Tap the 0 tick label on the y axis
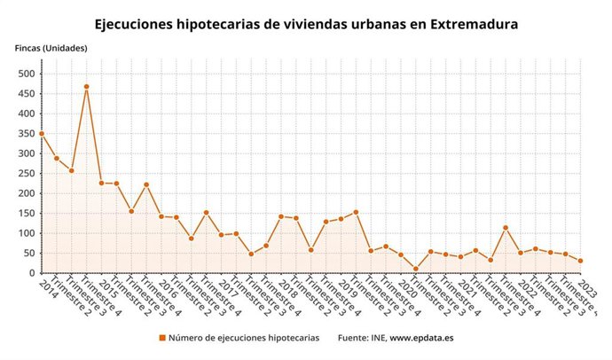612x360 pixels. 30,273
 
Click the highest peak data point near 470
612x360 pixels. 87,87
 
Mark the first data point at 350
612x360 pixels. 41,134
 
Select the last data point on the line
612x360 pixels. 580,261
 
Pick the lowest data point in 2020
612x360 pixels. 415,269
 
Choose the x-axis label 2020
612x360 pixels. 407,286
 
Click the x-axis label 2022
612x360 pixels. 527,286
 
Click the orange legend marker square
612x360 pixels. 162,338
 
